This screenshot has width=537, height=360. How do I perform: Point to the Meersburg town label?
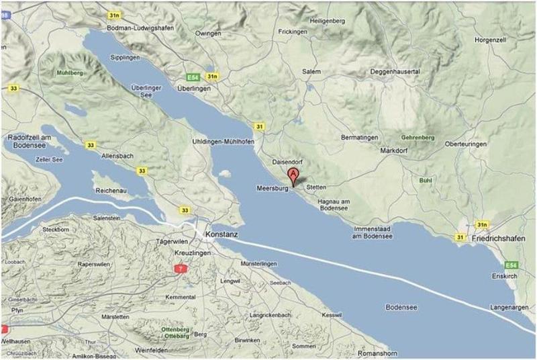tap(272, 189)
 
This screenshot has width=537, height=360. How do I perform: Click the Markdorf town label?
tap(397, 150)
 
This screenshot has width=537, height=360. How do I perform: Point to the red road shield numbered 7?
tap(179, 268)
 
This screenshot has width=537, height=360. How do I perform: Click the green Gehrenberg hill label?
tap(418, 138)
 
